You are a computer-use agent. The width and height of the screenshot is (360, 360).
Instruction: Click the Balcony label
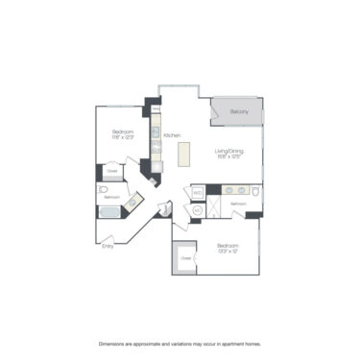click(x=239, y=112)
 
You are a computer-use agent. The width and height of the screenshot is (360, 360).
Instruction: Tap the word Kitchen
click(x=172, y=135)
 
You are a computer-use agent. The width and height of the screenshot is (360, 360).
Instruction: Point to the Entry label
click(x=107, y=246)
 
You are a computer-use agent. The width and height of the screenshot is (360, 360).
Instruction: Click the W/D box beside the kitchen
click(x=196, y=192)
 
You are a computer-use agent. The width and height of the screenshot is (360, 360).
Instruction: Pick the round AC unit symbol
click(x=198, y=208)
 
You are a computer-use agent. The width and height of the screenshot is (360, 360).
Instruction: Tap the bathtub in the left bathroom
click(x=108, y=212)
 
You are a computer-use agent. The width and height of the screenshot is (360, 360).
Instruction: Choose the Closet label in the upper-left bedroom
click(x=111, y=172)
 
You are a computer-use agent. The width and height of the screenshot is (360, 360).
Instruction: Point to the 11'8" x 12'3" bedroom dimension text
click(x=122, y=136)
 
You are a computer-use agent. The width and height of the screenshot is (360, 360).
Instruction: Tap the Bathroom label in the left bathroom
click(x=112, y=197)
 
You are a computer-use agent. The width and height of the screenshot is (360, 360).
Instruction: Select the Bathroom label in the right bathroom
click(x=239, y=204)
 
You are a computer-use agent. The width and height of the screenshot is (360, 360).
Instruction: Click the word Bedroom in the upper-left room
click(x=122, y=131)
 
